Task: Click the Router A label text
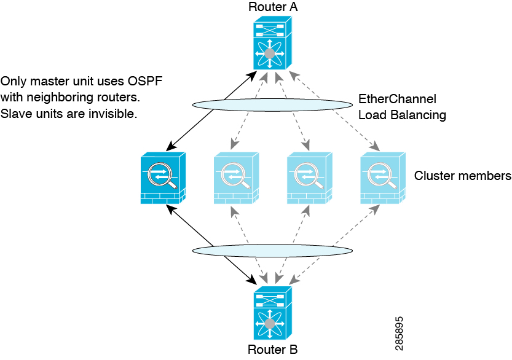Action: [273, 7]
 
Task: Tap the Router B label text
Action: [273, 350]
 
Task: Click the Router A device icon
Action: [273, 43]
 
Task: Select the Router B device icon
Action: [273, 313]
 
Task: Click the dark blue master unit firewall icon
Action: [163, 178]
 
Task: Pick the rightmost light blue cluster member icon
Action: [383, 178]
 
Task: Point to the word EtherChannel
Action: [398, 98]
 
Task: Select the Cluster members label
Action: [463, 176]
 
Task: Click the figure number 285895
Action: [399, 334]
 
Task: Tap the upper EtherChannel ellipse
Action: [272, 99]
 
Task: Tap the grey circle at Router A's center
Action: [270, 53]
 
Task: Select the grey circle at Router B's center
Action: [270, 324]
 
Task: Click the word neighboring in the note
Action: [55, 98]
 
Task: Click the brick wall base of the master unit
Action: [160, 198]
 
